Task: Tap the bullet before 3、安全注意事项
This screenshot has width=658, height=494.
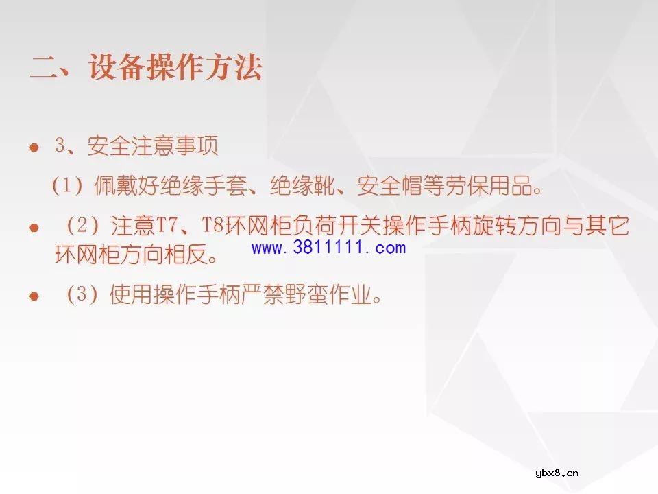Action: pos(34,148)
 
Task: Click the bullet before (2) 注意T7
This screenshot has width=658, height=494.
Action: pos(34,227)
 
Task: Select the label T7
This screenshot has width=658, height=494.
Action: pos(167,226)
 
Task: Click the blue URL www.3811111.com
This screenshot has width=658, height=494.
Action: pos(328,248)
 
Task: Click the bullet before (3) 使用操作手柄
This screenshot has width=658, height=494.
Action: pos(34,296)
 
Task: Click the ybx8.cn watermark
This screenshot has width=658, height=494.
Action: pos(557,473)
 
